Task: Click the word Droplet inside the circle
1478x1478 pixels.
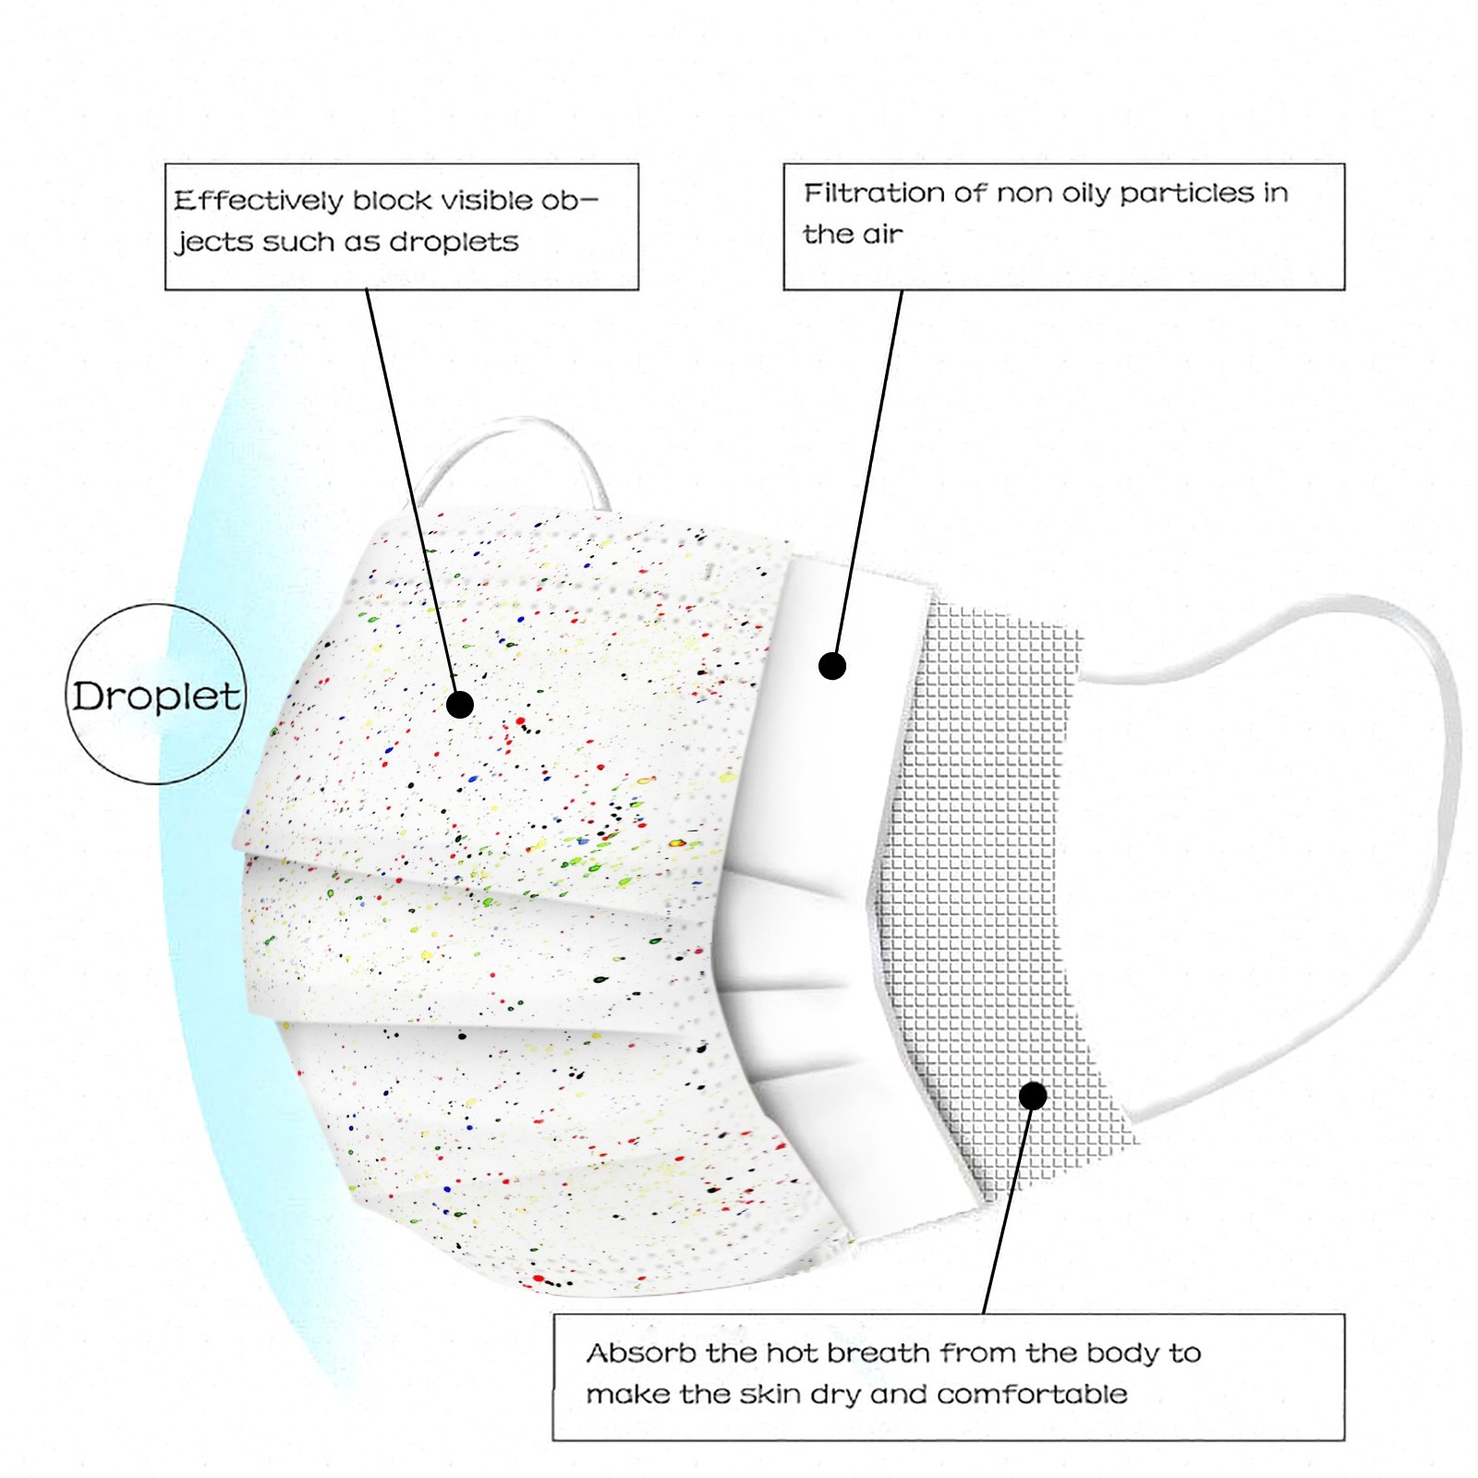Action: point(156,697)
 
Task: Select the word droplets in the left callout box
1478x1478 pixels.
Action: point(454,242)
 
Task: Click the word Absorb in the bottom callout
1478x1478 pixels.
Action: point(641,1353)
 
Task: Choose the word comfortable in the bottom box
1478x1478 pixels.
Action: point(1032,1394)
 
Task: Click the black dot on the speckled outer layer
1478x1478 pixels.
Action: point(460,705)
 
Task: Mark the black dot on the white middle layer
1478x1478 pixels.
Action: point(832,666)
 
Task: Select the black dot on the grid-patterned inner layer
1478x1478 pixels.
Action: point(1033,1096)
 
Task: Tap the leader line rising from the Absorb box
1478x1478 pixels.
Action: point(1009,1205)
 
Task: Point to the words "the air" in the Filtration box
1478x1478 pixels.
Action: point(853,235)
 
